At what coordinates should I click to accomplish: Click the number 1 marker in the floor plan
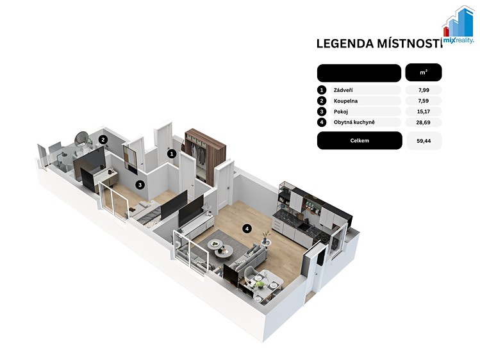point(172,154)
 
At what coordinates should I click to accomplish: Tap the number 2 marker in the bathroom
point(103,140)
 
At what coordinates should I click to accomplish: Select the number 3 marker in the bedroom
point(140,184)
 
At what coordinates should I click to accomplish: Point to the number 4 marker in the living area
point(247,229)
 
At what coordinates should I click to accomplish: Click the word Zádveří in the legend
point(343,90)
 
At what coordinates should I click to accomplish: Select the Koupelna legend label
point(345,101)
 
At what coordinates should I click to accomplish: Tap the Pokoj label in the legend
point(341,111)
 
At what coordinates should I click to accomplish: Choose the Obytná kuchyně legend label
point(354,122)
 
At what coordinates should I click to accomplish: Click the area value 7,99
point(424,90)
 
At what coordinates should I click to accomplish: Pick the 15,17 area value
point(424,111)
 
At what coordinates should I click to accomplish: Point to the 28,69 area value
point(424,122)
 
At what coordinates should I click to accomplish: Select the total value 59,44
point(424,141)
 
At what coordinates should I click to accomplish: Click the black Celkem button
point(360,141)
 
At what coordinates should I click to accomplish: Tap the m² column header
point(424,72)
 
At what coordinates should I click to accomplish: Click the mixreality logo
point(459,26)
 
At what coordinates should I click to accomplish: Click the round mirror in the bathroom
point(81,138)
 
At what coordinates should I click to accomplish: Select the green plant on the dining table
point(260,285)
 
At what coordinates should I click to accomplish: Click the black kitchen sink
point(303,227)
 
